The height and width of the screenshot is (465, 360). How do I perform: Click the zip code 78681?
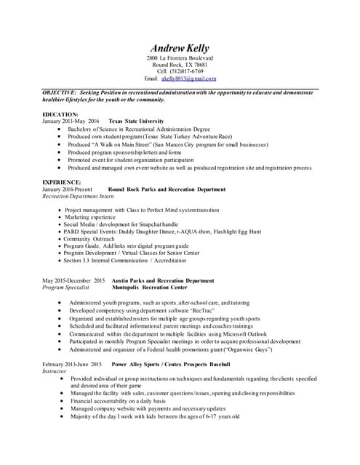[196, 64]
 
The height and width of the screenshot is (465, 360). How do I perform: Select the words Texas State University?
[137, 121]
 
